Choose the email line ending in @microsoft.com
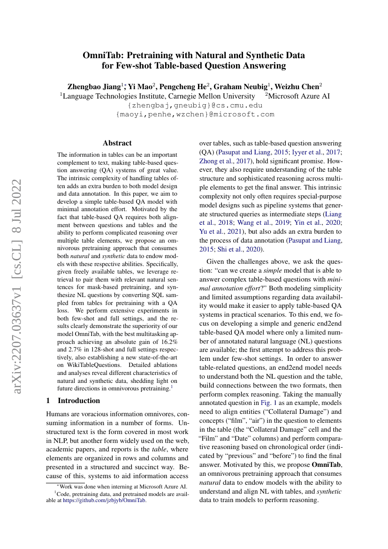[195, 114]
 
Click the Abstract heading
[117, 143]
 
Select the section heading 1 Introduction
[73, 400]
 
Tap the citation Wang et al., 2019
[258, 222]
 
